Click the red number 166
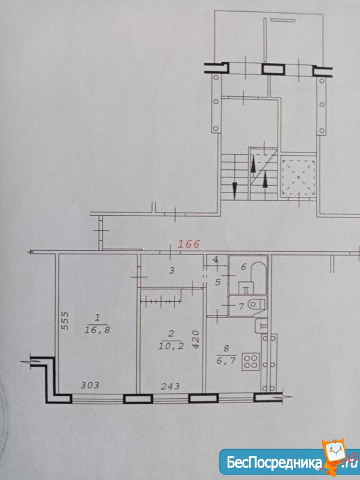[x=189, y=244]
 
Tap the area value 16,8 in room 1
[x=97, y=330]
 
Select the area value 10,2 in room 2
[x=171, y=346]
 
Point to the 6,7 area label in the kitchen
[x=226, y=361]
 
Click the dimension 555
[x=65, y=321]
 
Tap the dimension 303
[x=90, y=385]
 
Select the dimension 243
[x=170, y=386]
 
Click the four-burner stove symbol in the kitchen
[x=251, y=361]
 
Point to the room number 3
[x=172, y=270]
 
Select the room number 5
[x=217, y=282]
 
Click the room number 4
[x=216, y=261]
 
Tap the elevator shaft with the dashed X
[x=299, y=177]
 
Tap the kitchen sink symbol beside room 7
[x=261, y=326]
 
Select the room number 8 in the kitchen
[x=226, y=348]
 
